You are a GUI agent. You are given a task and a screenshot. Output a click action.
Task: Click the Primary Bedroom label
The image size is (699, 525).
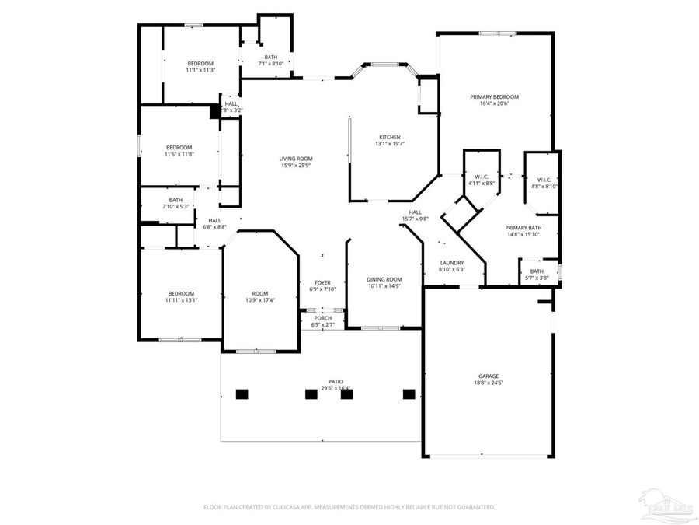[494, 97]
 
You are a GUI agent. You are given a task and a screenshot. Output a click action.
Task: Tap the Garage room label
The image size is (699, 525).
[488, 376]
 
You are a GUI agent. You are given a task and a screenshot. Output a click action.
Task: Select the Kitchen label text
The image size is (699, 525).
[389, 137]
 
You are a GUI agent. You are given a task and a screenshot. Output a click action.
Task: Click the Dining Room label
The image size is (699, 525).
[384, 279]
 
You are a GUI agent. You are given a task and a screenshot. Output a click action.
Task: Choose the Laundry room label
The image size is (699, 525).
[451, 263]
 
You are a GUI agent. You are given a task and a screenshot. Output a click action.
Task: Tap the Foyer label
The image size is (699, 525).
[322, 282]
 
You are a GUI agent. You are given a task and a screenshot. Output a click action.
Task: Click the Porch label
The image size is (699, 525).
[322, 318]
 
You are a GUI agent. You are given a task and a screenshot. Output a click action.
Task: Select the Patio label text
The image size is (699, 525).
[336, 382]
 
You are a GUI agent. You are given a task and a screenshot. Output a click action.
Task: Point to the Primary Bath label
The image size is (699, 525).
[523, 228]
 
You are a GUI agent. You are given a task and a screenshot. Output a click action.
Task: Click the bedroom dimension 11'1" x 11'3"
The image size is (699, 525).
[200, 71]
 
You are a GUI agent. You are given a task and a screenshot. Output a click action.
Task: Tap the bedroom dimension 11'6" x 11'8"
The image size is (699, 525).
[179, 154]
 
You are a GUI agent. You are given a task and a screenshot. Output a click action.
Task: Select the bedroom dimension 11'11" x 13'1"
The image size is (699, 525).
[180, 299]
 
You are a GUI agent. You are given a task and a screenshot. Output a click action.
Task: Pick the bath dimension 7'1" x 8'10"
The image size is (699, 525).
[270, 64]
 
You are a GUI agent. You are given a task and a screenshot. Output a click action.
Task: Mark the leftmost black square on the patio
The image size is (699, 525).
[242, 394]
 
